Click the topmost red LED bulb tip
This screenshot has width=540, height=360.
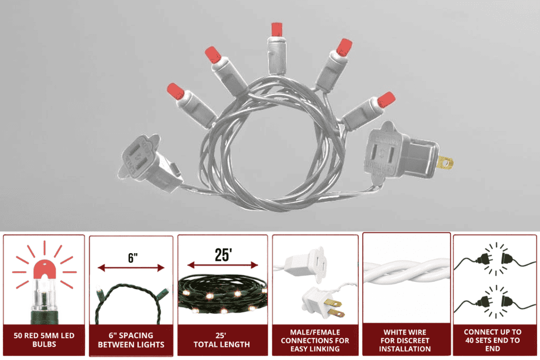277,29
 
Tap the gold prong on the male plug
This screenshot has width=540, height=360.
445,162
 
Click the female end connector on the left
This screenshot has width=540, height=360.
148,162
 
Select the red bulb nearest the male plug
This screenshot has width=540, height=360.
386,100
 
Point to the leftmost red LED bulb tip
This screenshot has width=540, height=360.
175,91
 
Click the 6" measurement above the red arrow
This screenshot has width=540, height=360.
133,257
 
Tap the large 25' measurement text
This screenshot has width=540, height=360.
223,255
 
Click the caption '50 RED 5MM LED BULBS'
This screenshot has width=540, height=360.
44,340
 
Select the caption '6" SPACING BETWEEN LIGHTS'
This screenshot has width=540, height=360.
131,340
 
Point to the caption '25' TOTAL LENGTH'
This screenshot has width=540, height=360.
222,340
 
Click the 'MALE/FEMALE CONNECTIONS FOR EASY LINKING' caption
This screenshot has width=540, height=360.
315,340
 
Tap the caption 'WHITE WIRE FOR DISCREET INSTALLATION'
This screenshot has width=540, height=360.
405,340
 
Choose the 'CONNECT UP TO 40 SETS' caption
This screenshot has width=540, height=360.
493,340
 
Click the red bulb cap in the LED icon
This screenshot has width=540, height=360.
45,269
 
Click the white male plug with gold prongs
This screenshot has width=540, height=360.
323,303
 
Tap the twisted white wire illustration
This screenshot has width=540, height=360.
406,272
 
